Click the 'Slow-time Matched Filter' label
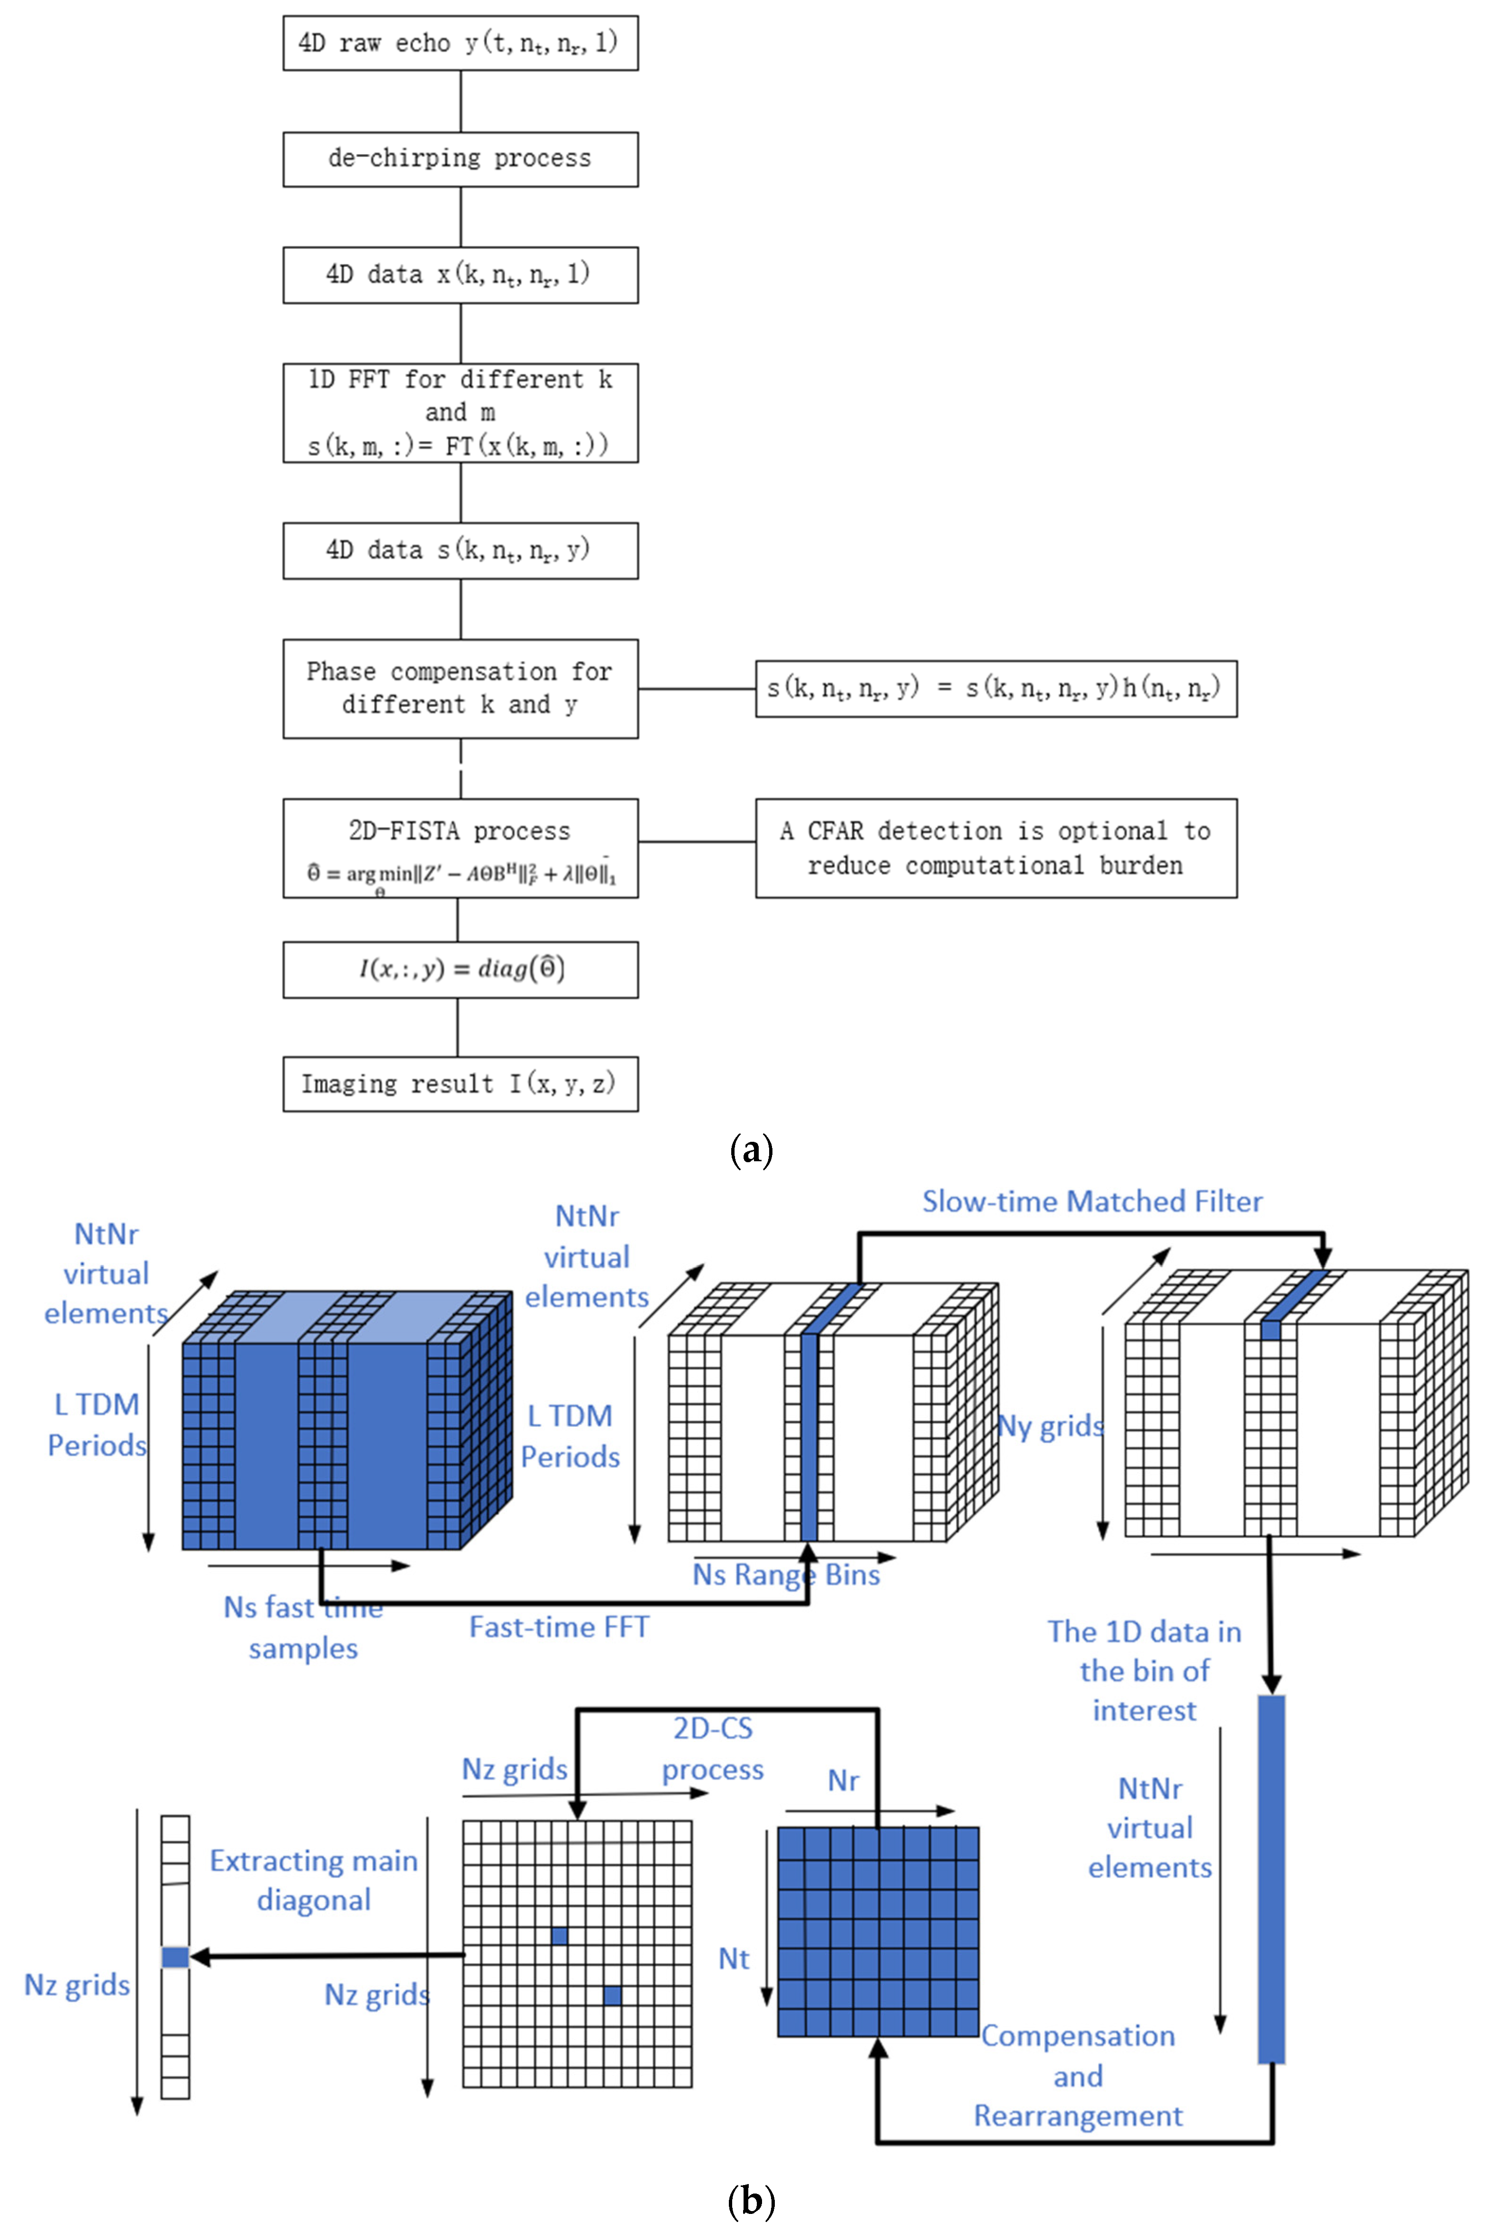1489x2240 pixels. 1092,1202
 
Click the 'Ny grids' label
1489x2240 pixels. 1050,1426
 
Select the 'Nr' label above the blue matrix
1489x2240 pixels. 843,1780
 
